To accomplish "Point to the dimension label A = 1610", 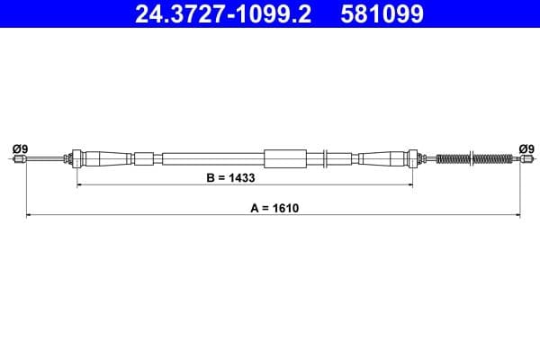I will (274, 207).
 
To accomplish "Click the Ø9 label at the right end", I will (526, 148).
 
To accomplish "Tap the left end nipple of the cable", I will (19, 159).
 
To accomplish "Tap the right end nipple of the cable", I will (520, 159).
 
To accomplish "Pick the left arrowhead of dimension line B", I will (80, 185).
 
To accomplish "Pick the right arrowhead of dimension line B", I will (410, 185).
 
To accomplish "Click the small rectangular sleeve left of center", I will (144, 159).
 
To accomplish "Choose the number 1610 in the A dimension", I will (284, 207).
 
